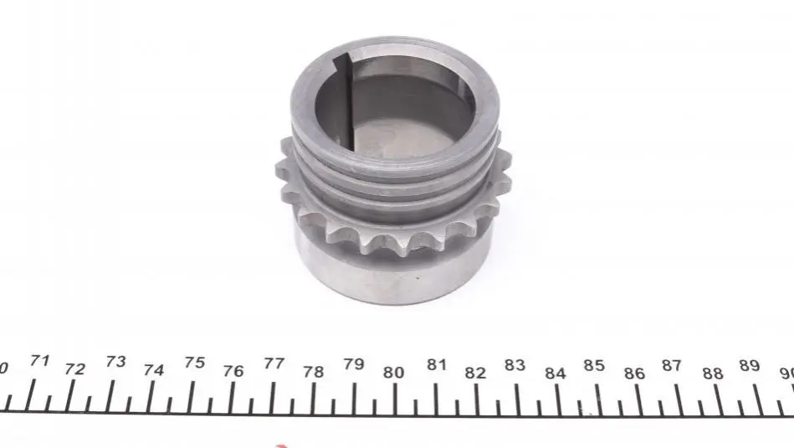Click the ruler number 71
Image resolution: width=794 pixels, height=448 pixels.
tap(39, 361)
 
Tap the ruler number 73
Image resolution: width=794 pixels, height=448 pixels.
tap(116, 362)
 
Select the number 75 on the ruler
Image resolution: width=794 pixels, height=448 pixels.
tap(194, 363)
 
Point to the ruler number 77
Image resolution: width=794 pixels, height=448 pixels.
tap(274, 363)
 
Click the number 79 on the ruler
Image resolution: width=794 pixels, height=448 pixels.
tap(353, 364)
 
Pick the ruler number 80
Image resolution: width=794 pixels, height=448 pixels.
tap(393, 373)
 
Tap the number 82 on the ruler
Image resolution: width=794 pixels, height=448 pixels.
tap(475, 373)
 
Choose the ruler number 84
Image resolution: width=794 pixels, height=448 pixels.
tap(555, 373)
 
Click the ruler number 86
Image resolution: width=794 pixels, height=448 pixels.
tap(634, 373)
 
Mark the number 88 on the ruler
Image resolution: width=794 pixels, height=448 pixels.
tap(713, 373)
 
